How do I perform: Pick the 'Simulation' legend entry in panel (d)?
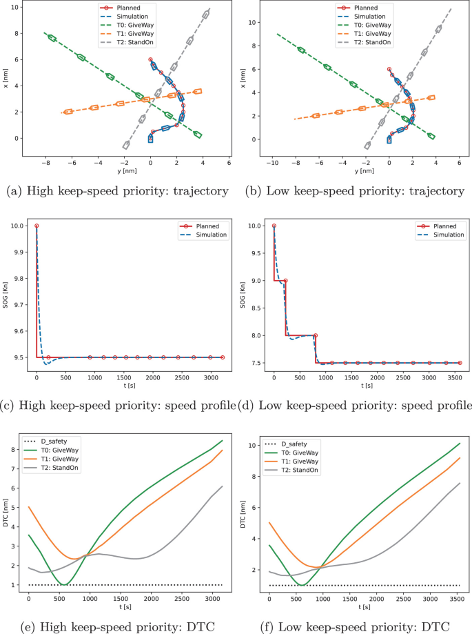tap(445, 235)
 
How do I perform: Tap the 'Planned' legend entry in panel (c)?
tap(207, 225)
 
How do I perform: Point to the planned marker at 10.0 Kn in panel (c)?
tap(37, 226)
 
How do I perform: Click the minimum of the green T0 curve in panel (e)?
tap(64, 584)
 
